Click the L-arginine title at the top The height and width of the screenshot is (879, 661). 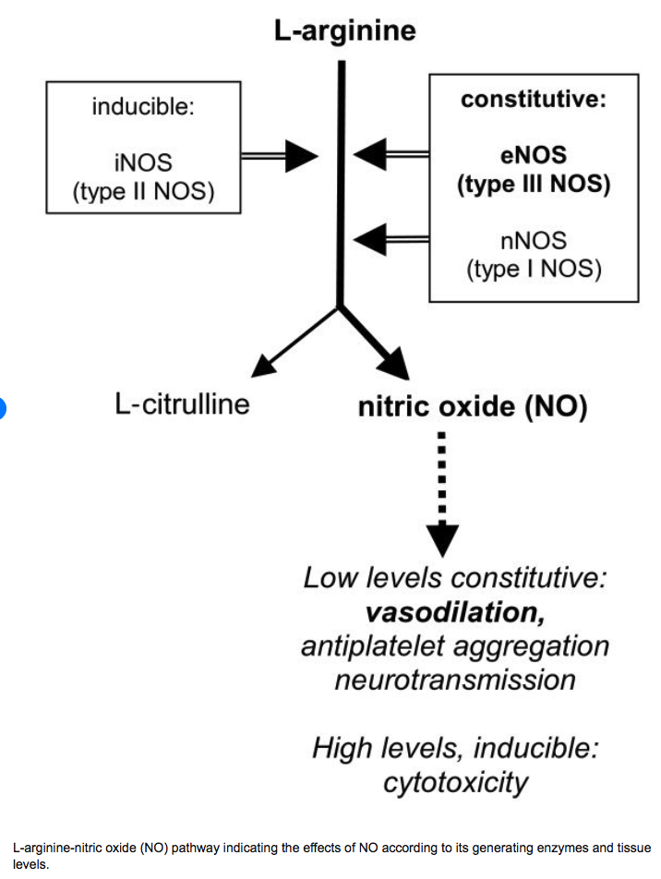[344, 31]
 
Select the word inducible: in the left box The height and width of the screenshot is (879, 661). [143, 107]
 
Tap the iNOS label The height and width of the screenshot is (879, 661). [143, 163]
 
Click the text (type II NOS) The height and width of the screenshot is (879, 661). [143, 192]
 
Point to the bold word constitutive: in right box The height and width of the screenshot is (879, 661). [534, 100]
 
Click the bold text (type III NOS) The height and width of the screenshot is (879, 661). [534, 184]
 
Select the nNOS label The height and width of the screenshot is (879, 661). [534, 241]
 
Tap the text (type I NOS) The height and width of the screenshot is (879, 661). [534, 270]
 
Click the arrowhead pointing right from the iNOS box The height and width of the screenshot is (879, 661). [300, 156]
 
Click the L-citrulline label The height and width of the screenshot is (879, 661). [182, 404]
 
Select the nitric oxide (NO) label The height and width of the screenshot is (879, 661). [472, 407]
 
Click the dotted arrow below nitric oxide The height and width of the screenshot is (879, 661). [443, 489]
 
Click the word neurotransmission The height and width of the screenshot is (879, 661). [454, 680]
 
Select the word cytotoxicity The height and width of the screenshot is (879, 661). [455, 782]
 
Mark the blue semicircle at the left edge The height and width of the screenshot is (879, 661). [3, 407]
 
